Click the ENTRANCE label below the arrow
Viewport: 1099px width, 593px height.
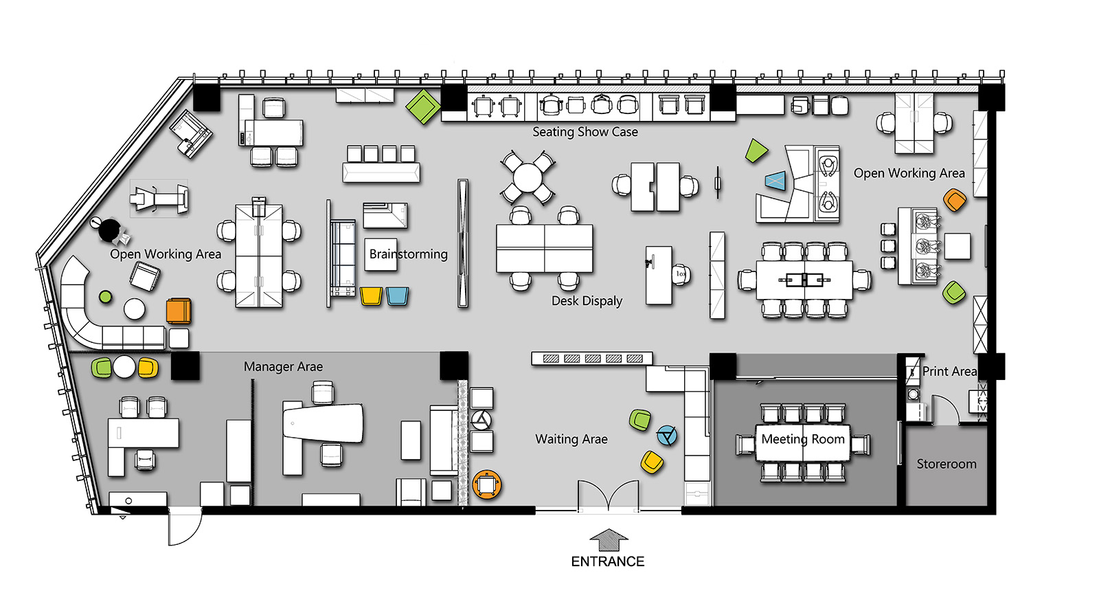pos(607,561)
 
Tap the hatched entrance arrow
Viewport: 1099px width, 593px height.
pos(609,540)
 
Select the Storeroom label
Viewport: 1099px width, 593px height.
pos(947,464)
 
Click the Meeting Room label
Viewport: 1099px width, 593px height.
pos(803,439)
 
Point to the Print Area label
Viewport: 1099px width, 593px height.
pos(949,371)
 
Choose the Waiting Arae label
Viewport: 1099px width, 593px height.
pos(571,439)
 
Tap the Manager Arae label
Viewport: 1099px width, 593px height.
pos(283,366)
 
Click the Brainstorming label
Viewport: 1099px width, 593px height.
pos(408,254)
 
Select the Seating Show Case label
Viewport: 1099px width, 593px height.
pos(585,131)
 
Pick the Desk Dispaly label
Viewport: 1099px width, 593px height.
pos(587,300)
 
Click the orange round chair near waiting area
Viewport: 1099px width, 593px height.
pos(487,484)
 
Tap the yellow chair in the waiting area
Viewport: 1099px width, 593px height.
pos(652,462)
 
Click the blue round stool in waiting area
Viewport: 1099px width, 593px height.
pos(667,436)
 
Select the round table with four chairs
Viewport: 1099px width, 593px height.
pos(528,177)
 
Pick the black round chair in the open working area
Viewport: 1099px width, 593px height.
pos(109,230)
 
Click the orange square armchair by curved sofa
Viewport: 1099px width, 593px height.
pos(179,311)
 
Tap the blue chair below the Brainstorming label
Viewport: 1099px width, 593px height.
pos(397,297)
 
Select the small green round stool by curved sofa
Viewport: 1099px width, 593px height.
pos(106,297)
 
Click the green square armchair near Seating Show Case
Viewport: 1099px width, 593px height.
pos(423,106)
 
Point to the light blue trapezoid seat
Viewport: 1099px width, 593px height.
pos(775,181)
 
